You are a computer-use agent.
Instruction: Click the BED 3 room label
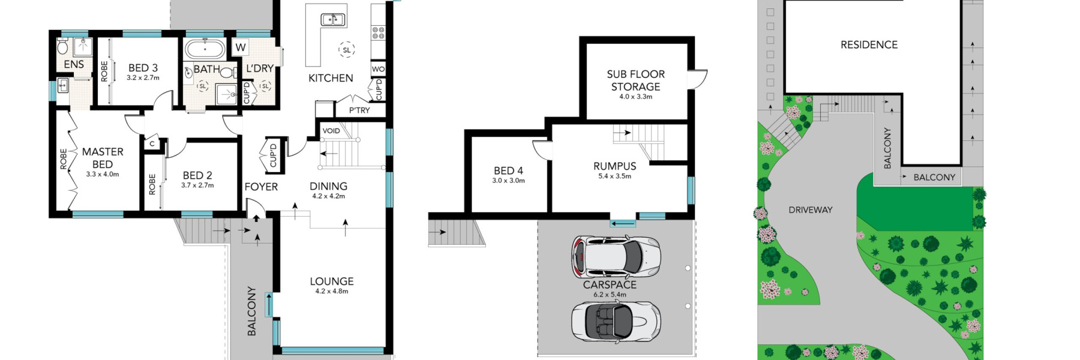coord(143,68)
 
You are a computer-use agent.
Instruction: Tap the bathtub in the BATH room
coord(205,49)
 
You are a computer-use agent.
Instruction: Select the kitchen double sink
coord(333,19)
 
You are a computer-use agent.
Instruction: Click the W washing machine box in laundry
coord(241,47)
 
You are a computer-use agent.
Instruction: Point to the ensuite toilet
coord(62,46)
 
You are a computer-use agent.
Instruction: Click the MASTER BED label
coord(103,158)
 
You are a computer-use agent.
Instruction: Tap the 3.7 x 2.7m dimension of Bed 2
coord(197,185)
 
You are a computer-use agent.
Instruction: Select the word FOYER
coord(261,187)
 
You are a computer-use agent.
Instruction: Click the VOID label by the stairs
coord(331,131)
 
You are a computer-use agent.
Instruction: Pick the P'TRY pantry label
coord(359,110)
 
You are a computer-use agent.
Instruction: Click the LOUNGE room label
coord(332,281)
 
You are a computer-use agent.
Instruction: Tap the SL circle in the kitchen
coord(346,50)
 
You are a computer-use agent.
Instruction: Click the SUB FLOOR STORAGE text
coord(635,80)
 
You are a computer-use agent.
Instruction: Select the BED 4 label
coord(508,170)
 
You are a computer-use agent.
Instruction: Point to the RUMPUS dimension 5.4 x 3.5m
coord(614,176)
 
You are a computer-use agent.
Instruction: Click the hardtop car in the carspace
coord(616,257)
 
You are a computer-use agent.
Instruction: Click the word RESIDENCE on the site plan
coord(869,44)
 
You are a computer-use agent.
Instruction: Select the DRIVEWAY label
coord(810,210)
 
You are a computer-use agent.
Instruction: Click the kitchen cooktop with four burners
coord(378,32)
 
